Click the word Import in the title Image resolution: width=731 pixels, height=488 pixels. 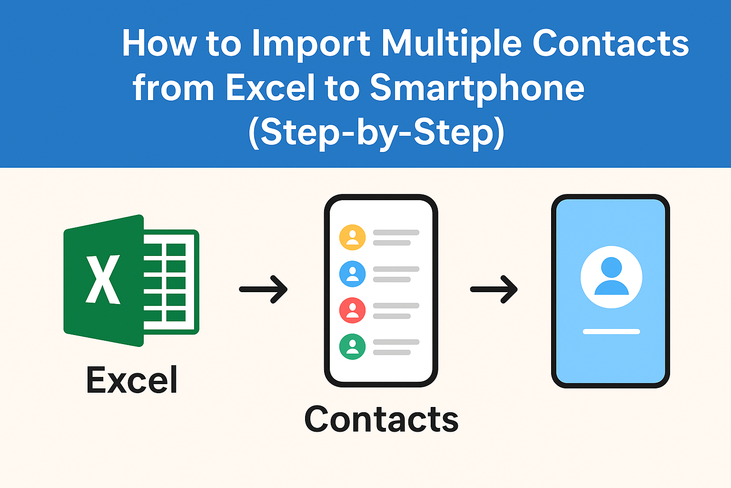click(311, 44)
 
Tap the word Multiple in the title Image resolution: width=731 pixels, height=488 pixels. click(452, 44)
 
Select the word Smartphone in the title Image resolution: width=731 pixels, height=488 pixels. click(477, 88)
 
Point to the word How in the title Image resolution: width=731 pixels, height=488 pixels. click(159, 44)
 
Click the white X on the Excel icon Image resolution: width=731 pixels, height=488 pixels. click(102, 280)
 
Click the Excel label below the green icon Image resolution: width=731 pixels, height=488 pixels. click(132, 380)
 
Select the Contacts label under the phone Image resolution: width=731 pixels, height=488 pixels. click(381, 419)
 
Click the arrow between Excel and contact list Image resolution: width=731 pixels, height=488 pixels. click(263, 289)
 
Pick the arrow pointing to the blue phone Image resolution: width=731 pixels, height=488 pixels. click(494, 289)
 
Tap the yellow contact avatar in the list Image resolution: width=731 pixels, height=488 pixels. click(352, 237)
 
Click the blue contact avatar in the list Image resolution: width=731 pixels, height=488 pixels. click(352, 274)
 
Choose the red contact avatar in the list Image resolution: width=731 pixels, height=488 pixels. click(352, 310)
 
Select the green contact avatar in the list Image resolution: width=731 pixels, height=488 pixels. click(352, 346)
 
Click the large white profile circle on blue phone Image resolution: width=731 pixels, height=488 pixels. click(611, 277)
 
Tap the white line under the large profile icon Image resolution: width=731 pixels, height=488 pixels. click(611, 332)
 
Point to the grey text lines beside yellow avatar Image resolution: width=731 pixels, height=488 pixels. click(395, 237)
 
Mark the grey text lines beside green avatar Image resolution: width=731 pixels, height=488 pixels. click(395, 347)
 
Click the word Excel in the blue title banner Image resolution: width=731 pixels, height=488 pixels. click(270, 88)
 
